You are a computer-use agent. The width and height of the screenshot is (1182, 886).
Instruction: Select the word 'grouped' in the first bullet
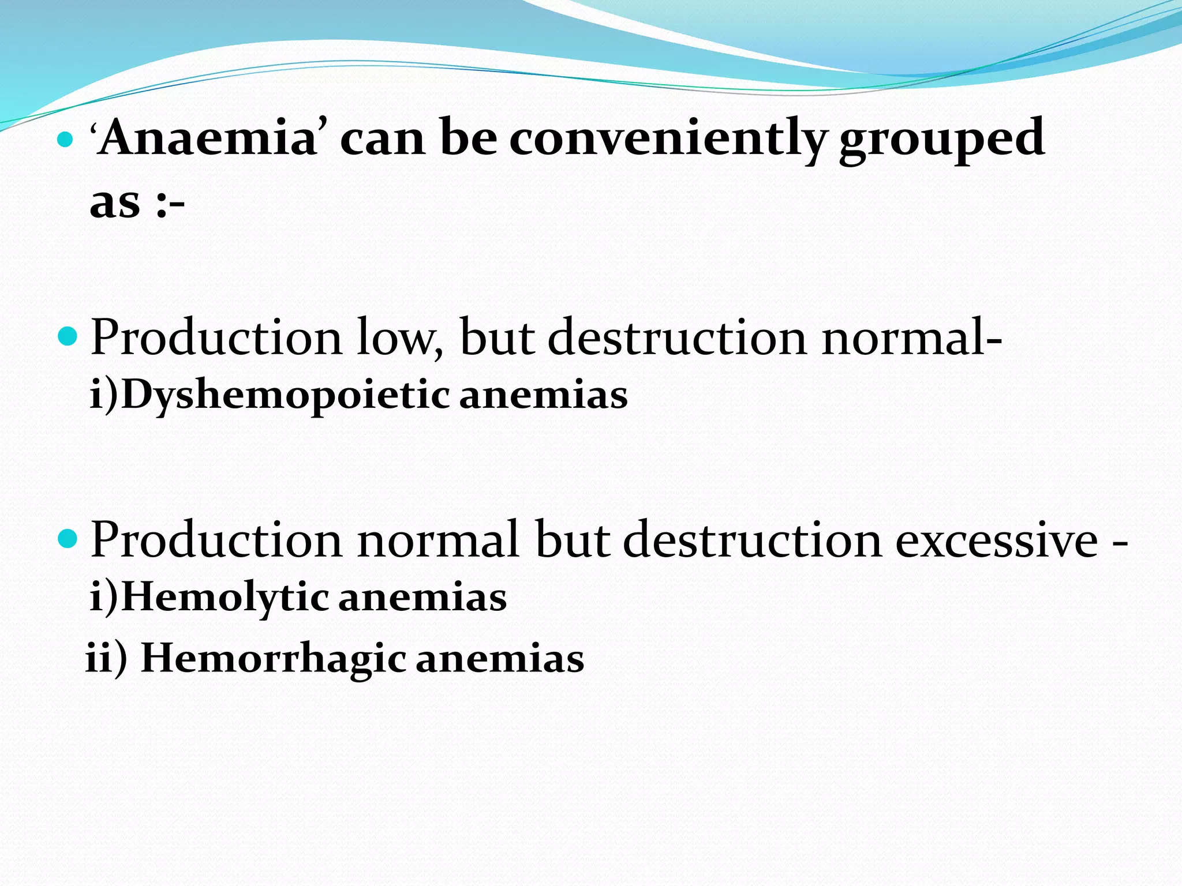941,138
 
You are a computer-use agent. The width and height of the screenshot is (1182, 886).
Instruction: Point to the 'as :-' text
137,203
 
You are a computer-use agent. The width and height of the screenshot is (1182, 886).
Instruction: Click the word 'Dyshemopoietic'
286,396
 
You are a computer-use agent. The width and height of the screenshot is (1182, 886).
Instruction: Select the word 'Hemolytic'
225,598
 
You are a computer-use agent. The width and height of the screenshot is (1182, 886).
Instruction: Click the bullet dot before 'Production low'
68,336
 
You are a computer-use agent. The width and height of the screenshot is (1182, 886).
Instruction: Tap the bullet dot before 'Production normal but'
68,539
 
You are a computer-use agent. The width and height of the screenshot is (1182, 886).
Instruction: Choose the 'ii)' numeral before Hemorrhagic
106,659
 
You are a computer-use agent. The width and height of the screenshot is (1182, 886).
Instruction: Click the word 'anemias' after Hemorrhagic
500,659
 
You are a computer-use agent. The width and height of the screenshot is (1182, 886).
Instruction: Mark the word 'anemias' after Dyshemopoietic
543,396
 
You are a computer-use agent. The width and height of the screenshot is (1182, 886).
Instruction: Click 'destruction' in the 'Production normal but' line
753,540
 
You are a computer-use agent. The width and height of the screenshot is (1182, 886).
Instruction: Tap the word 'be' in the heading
468,138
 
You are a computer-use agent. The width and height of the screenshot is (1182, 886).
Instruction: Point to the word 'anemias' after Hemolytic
422,598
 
